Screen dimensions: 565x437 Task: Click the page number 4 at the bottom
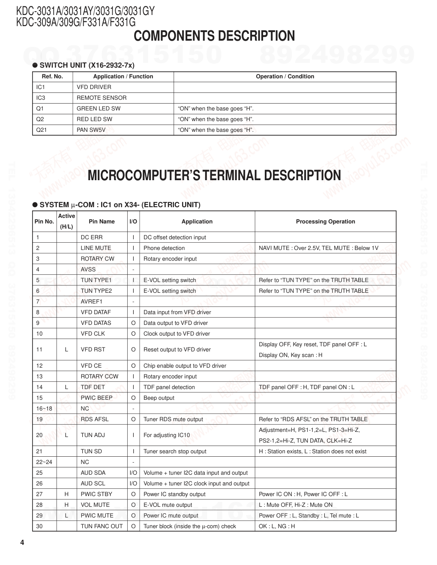pos(22,543)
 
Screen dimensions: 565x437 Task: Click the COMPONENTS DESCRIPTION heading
pos(214,36)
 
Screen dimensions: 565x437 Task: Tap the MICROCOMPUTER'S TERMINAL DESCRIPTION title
pos(214,175)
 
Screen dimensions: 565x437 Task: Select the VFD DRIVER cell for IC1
pos(94,87)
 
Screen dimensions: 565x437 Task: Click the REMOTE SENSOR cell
pos(102,98)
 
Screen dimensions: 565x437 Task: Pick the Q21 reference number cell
pos(42,130)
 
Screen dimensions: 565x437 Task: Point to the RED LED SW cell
pos(94,119)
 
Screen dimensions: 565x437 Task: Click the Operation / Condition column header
pos(285,77)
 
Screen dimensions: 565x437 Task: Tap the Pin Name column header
pos(102,222)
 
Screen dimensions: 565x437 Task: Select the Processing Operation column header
pos(325,222)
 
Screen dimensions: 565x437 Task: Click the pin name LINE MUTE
pos(96,248)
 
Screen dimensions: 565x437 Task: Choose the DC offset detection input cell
pos(175,238)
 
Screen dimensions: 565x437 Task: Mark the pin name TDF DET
pos(93,387)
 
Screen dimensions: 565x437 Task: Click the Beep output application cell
pos(159,398)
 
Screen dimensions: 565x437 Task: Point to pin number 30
pos(39,526)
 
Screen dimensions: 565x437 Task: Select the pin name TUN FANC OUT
pos(102,526)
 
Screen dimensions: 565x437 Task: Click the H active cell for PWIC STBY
pos(66,494)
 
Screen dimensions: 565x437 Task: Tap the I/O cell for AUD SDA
pos(133,473)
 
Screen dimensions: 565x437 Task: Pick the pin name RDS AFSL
pos(95,419)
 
